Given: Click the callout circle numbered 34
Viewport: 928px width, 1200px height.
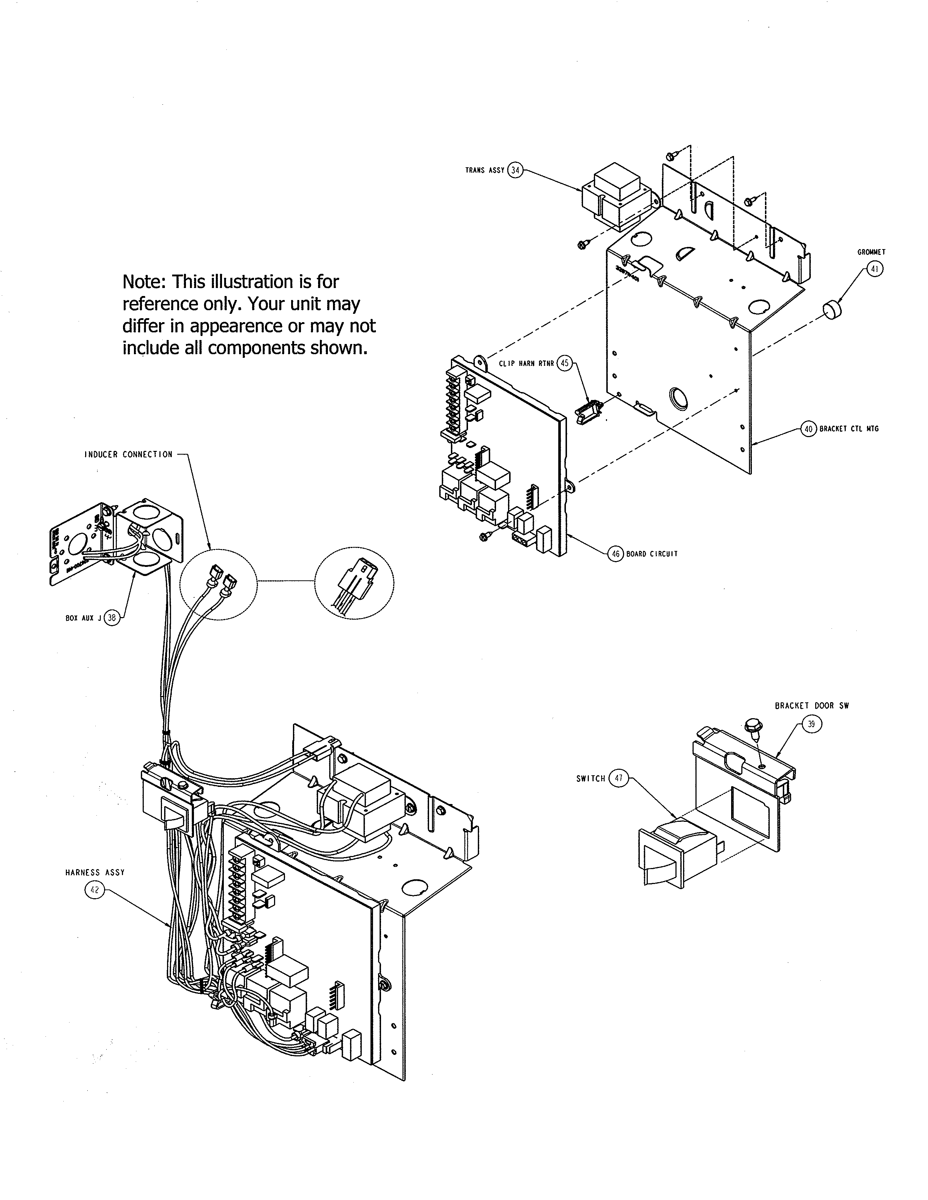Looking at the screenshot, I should [x=515, y=170].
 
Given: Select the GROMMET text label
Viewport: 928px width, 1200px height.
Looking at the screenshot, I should [x=871, y=252].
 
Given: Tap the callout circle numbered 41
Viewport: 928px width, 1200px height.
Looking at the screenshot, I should [x=875, y=269].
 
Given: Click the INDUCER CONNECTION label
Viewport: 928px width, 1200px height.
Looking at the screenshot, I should [x=128, y=455].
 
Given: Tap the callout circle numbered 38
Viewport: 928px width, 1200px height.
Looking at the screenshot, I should [x=112, y=617].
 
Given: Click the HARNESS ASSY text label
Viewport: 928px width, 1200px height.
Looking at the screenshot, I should [x=95, y=872].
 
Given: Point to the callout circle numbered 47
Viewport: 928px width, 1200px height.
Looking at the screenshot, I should [x=618, y=779].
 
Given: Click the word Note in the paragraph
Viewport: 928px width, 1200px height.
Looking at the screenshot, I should [x=143, y=282].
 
